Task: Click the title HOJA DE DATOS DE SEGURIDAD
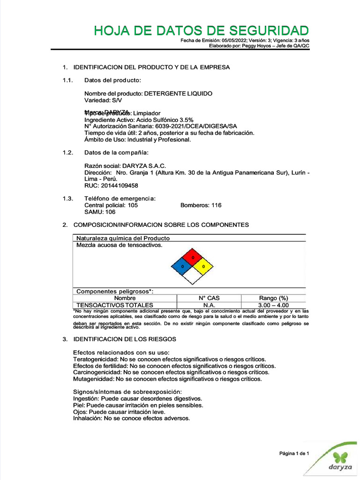(201, 31)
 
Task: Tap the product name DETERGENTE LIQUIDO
(178, 94)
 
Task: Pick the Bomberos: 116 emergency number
(201, 205)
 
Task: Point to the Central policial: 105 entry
(111, 205)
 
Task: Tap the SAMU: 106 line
(100, 212)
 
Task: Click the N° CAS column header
(209, 298)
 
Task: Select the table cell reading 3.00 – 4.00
(273, 305)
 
